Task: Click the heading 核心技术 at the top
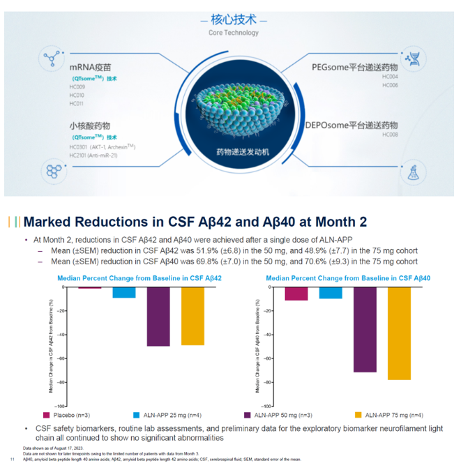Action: [x=233, y=19]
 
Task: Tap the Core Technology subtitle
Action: [x=233, y=33]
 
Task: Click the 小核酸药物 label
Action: [x=89, y=126]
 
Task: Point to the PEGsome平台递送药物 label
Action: [x=354, y=67]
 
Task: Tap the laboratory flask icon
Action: [x=414, y=170]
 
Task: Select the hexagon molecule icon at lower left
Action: [x=54, y=170]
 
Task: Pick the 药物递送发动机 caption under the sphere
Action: [x=232, y=151]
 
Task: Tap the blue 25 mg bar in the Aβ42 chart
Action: [x=124, y=292]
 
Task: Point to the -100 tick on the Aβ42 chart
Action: [x=61, y=406]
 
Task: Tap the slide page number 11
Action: [x=11, y=460]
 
